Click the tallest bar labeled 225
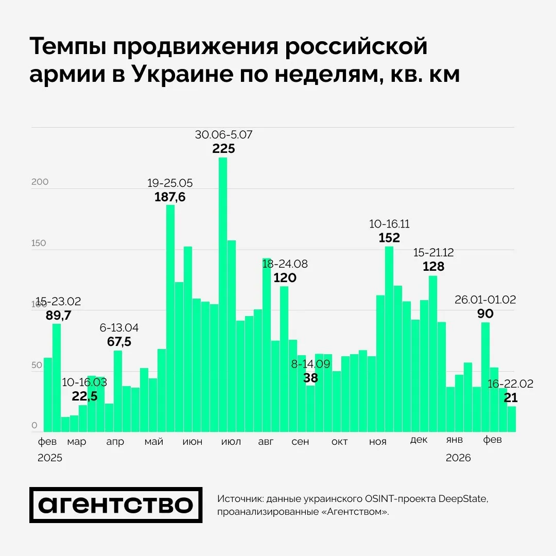[x=223, y=293]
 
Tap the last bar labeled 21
[x=512, y=419]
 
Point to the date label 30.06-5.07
[x=223, y=135]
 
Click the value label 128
[x=433, y=266]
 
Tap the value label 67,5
[x=119, y=342]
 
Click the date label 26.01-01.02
[x=485, y=300]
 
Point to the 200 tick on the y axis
[x=40, y=182]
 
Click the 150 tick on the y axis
[x=40, y=243]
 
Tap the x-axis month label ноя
[x=377, y=442]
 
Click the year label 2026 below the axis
[x=458, y=458]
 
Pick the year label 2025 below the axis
[x=50, y=458]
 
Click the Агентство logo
[x=116, y=505]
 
